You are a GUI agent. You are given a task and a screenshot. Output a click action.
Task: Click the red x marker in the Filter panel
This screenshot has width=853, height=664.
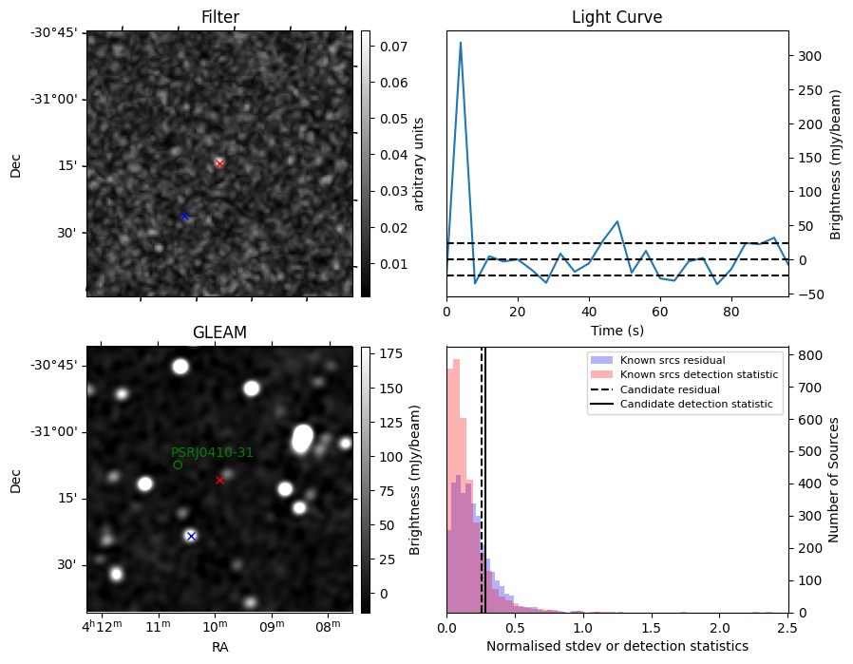219,163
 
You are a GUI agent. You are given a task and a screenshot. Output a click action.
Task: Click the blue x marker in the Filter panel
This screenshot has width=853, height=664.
184,217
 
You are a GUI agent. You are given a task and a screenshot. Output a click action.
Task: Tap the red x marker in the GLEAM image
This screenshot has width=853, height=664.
219,480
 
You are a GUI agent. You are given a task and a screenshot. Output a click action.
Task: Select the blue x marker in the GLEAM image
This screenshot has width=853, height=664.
191,536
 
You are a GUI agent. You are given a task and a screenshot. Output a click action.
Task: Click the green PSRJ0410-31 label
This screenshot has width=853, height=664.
212,452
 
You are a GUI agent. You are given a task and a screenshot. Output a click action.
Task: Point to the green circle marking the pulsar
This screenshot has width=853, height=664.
178,465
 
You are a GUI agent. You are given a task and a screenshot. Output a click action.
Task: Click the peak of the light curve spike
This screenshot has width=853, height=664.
461,43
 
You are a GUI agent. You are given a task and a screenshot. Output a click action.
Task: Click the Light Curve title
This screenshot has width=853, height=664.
616,17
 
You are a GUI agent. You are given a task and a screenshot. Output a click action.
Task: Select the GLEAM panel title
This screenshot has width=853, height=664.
219,332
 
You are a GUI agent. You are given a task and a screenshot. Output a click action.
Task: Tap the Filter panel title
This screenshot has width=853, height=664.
219,17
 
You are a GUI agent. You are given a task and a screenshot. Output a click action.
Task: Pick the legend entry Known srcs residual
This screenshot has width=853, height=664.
672,360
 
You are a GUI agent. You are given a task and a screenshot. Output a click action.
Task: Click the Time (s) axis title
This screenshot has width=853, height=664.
616,328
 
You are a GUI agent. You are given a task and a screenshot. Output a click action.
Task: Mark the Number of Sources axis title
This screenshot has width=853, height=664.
833,480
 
